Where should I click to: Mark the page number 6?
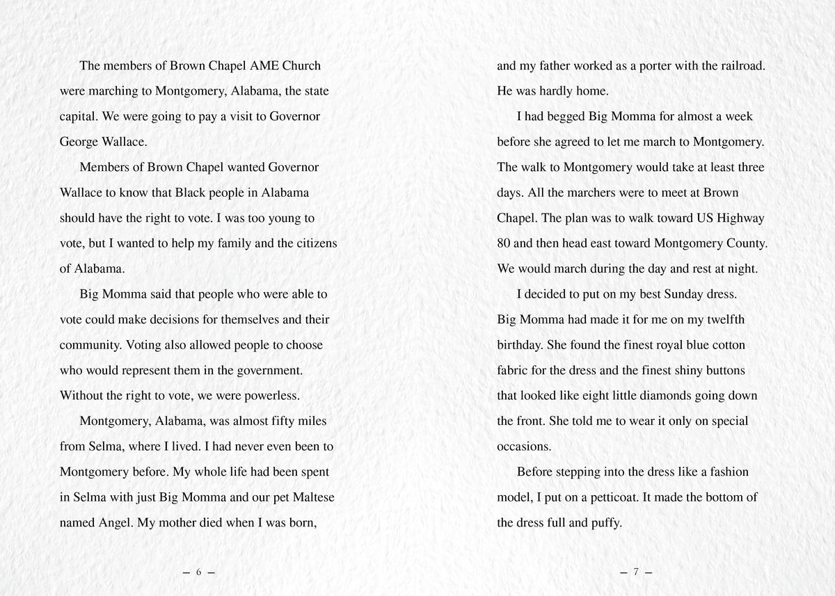[198, 572]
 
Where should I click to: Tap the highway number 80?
[504, 243]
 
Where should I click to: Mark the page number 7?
[635, 572]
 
